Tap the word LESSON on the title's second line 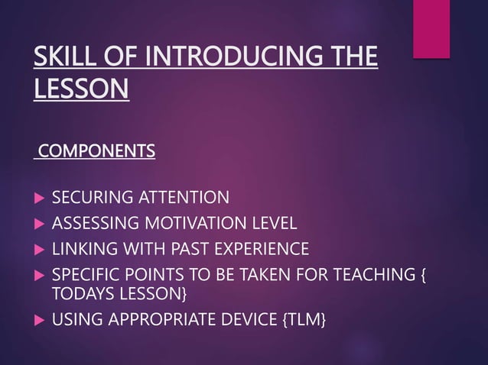pos(81,90)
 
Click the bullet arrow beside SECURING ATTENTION pos(39,199)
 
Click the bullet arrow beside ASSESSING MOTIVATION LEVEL pos(39,224)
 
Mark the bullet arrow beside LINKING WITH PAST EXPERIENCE pos(39,250)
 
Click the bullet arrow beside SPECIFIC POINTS pos(39,275)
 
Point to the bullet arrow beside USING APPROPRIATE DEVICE pos(39,318)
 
